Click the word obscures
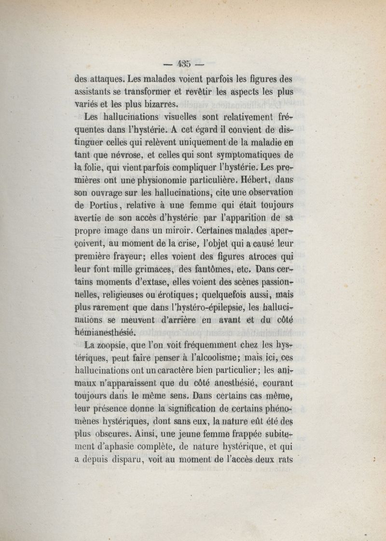coord(118,433)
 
